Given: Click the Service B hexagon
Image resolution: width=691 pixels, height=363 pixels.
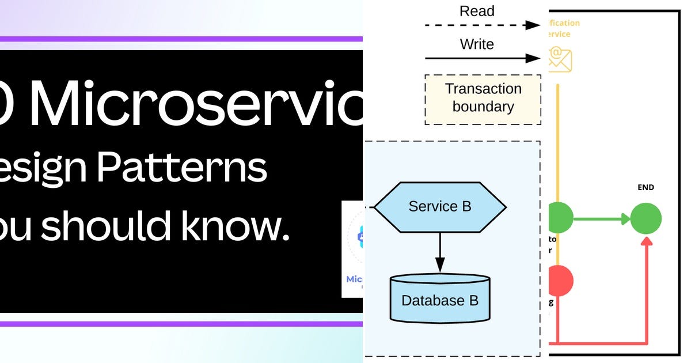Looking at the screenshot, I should click(x=440, y=206).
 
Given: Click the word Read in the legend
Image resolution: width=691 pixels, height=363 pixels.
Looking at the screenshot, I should click(x=477, y=11).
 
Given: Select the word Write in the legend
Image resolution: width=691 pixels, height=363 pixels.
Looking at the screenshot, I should click(x=477, y=44).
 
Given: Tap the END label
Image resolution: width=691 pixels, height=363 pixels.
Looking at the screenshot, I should click(x=646, y=187).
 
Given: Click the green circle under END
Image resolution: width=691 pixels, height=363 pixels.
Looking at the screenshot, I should click(x=646, y=219).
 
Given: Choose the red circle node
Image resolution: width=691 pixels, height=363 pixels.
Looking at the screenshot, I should click(x=560, y=281).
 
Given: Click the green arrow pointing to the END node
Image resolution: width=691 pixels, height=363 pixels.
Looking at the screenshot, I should click(x=602, y=219).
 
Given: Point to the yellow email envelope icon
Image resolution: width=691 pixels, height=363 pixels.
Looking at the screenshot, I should click(x=559, y=59).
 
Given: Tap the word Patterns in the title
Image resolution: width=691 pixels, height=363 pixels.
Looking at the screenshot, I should click(x=181, y=168).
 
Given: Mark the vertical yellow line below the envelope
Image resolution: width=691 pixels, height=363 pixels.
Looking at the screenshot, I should click(x=557, y=144).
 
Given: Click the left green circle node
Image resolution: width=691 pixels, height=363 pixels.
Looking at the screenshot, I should click(x=560, y=218).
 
